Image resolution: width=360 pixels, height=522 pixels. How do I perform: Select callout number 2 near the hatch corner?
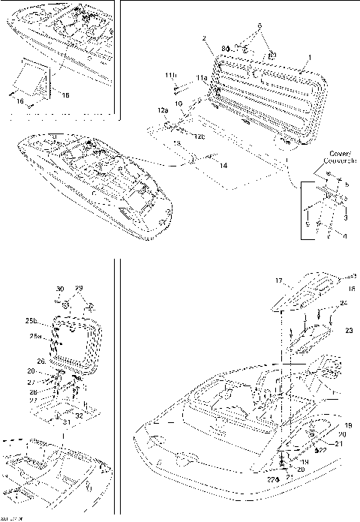[x=203, y=37]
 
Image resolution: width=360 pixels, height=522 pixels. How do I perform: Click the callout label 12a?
[x=163, y=110]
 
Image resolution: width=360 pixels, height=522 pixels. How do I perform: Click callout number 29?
[x=79, y=289]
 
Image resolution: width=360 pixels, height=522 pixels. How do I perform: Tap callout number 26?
[x=42, y=361]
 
